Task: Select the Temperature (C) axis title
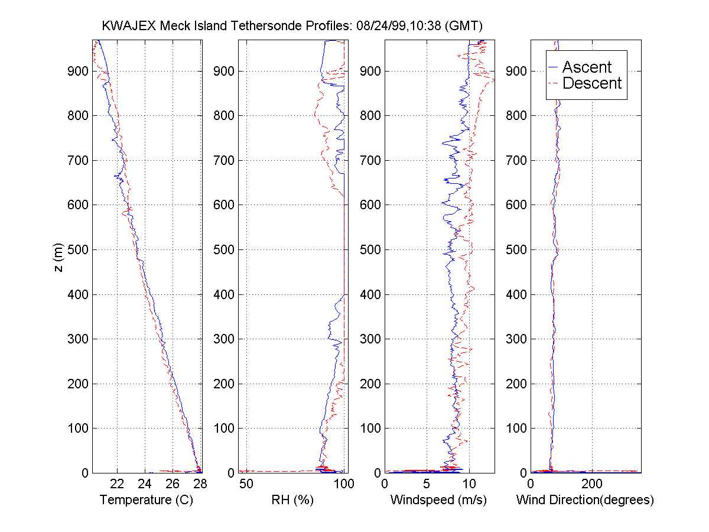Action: pyautogui.click(x=147, y=500)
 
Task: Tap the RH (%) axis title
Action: pyautogui.click(x=291, y=500)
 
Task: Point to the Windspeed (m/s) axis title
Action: pyautogui.click(x=438, y=500)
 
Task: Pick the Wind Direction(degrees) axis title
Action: pyautogui.click(x=585, y=500)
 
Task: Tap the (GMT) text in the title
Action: pyautogui.click(x=465, y=26)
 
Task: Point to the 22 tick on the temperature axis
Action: pyautogui.click(x=117, y=484)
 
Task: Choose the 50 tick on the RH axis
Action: pyautogui.click(x=246, y=484)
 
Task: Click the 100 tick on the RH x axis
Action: pyautogui.click(x=344, y=484)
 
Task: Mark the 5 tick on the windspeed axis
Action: pyautogui.click(x=427, y=484)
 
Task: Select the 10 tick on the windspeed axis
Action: pyautogui.click(x=469, y=484)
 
